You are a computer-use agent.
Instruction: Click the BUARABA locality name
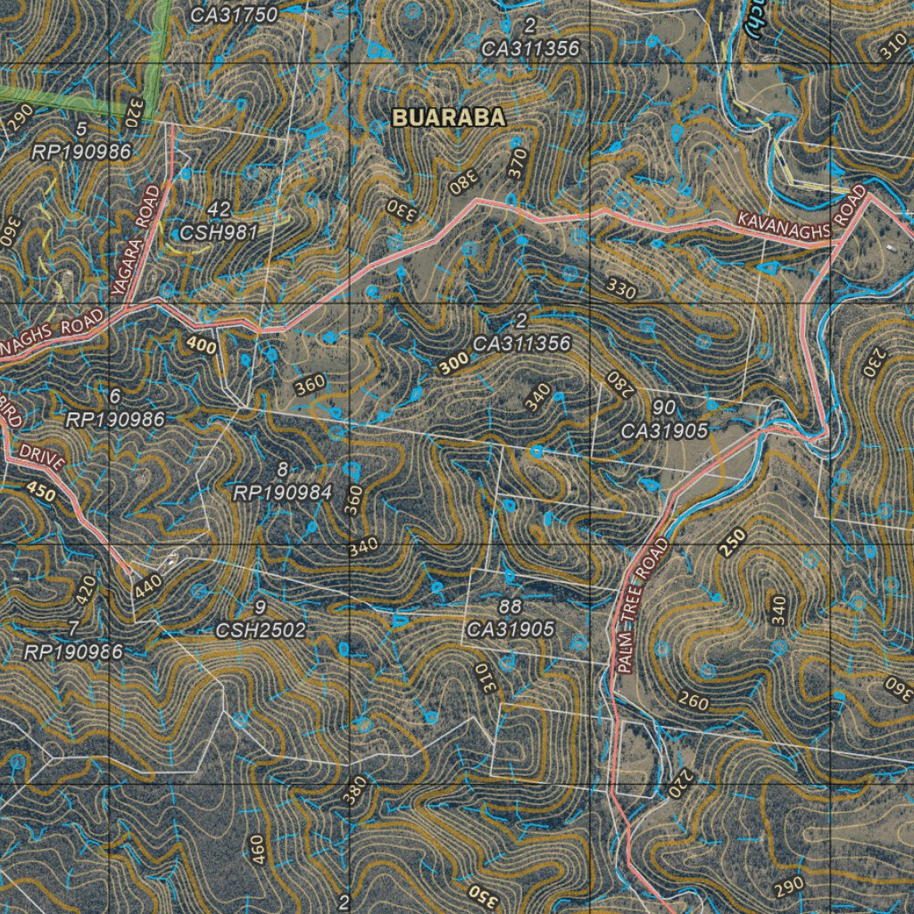tap(449, 117)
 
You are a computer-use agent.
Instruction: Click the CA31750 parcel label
tap(235, 14)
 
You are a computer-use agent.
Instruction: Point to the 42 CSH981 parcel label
tap(219, 221)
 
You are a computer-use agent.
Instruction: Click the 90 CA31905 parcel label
tap(664, 420)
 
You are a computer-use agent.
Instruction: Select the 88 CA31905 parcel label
tap(510, 618)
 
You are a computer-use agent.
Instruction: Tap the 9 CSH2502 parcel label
tap(261, 619)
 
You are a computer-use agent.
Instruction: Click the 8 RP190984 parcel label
tap(282, 480)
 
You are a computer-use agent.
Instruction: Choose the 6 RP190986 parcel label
tap(114, 407)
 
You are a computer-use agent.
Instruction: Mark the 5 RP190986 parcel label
tap(81, 140)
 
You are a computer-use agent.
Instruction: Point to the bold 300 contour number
tap(453, 363)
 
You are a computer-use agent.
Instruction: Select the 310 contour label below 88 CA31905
tap(484, 680)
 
